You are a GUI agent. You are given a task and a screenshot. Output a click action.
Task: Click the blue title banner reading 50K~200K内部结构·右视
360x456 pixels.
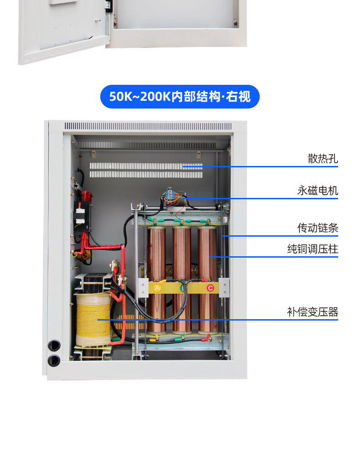pos(180,97)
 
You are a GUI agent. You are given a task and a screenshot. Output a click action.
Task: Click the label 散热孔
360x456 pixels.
pos(323,159)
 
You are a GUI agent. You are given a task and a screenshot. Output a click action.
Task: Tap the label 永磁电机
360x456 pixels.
pos(318,190)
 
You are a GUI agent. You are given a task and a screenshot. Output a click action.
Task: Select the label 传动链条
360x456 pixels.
pos(318,228)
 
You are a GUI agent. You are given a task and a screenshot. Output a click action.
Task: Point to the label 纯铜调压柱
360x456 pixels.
pos(313,249)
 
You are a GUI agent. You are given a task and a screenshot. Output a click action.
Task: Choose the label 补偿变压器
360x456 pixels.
pos(313,312)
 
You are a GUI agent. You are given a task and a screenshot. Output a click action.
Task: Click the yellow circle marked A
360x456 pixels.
pos(158,288)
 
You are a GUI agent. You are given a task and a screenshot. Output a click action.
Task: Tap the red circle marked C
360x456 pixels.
pos(210,288)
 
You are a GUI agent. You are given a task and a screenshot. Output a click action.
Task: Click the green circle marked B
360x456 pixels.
pos(183,288)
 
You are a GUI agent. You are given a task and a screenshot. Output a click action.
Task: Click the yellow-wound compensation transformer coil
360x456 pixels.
pos(93,319)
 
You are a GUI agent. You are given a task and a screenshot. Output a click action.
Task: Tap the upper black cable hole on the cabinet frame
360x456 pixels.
pos(54,345)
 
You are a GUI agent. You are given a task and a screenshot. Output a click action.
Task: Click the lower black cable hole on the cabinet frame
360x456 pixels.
pos(54,360)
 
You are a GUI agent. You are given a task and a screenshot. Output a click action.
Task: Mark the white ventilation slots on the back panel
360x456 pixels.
pos(146,170)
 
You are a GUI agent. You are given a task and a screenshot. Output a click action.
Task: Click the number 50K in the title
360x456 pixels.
pos(119,97)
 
